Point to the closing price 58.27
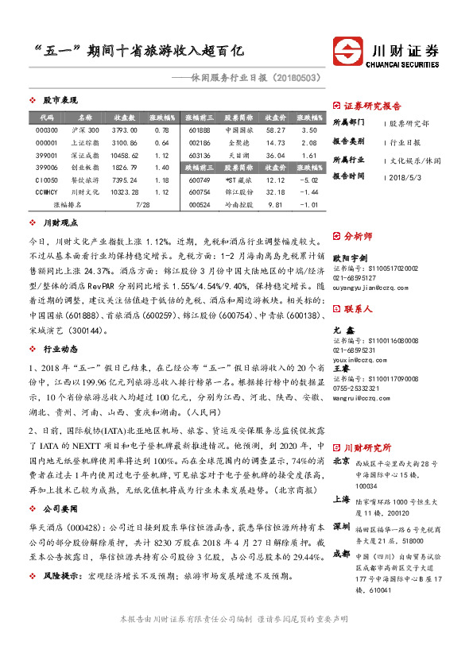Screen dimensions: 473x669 (275, 130)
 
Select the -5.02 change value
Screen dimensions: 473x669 (310, 180)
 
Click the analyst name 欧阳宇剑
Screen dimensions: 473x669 (349, 258)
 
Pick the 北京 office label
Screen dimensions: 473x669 (341, 461)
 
